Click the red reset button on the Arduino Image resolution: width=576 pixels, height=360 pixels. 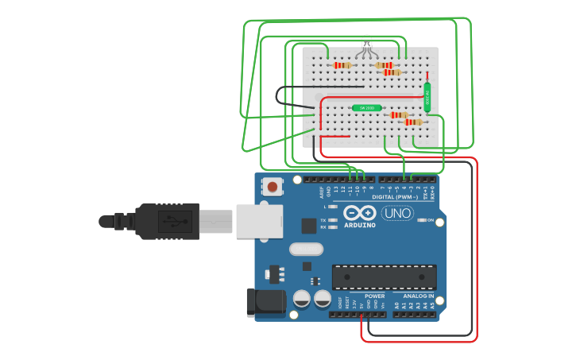point(273,188)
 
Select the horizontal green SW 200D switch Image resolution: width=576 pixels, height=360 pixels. point(366,108)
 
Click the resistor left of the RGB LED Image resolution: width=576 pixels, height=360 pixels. point(342,65)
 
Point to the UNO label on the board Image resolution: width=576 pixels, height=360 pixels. point(397,213)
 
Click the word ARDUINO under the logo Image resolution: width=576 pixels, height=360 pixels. point(360,225)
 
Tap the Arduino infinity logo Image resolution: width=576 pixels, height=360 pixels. point(360,213)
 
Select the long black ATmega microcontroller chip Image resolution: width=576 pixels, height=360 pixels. point(384,277)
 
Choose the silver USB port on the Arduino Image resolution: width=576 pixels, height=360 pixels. point(257,219)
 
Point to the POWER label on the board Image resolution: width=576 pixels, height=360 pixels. point(375,296)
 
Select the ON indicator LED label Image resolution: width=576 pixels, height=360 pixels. point(430,220)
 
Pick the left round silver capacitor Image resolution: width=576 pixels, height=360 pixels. point(302,299)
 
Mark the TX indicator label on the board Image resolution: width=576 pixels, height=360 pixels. point(324,219)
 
